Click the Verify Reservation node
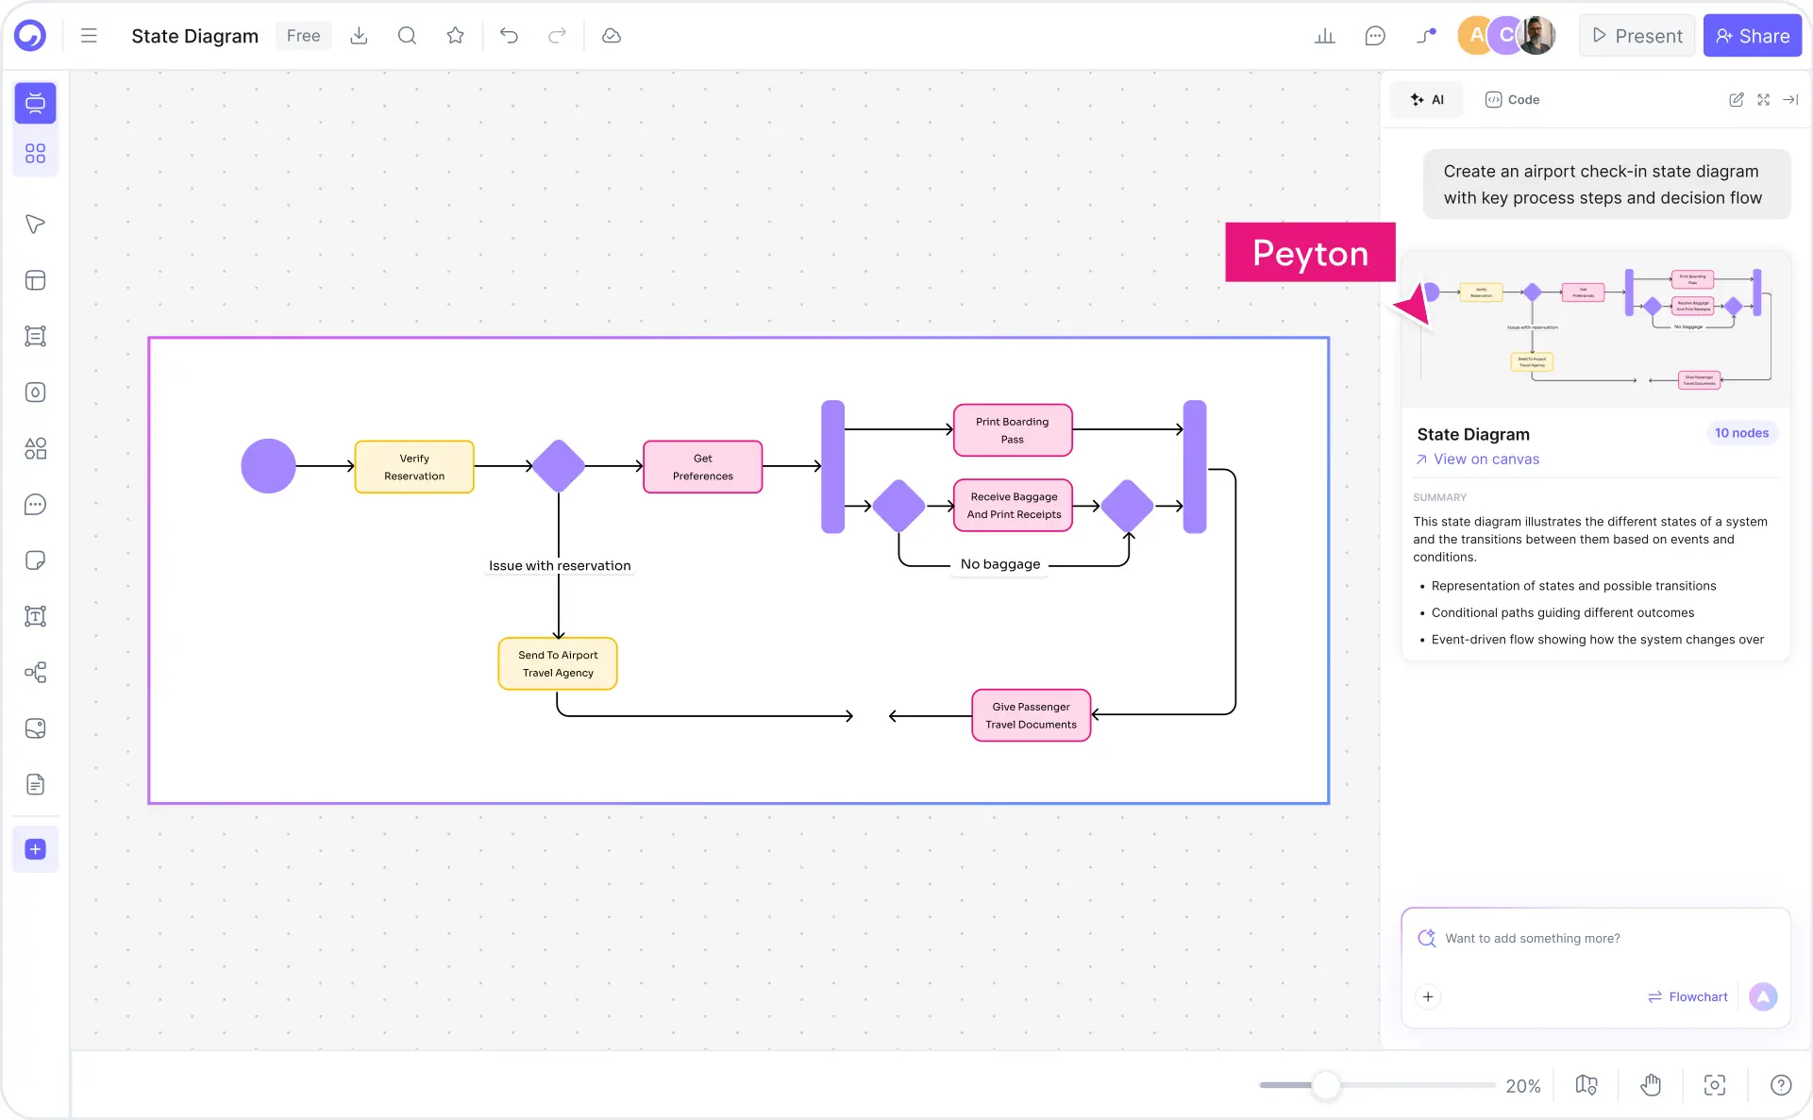click(x=413, y=466)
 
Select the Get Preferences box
click(x=702, y=466)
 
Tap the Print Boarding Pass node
click(x=1012, y=430)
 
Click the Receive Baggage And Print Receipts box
click(x=1013, y=505)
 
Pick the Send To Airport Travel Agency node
click(x=557, y=663)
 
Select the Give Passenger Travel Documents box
click(x=1031, y=715)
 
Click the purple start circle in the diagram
click(x=268, y=466)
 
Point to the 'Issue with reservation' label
click(x=559, y=565)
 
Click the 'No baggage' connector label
click(x=999, y=564)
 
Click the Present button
click(x=1637, y=36)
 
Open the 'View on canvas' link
click(x=1486, y=460)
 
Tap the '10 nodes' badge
click(x=1740, y=433)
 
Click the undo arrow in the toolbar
click(x=509, y=36)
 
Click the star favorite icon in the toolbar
click(x=455, y=36)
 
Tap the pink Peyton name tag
click(x=1309, y=253)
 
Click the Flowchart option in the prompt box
click(x=1687, y=996)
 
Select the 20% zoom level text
click(x=1522, y=1086)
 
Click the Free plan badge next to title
click(x=303, y=36)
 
